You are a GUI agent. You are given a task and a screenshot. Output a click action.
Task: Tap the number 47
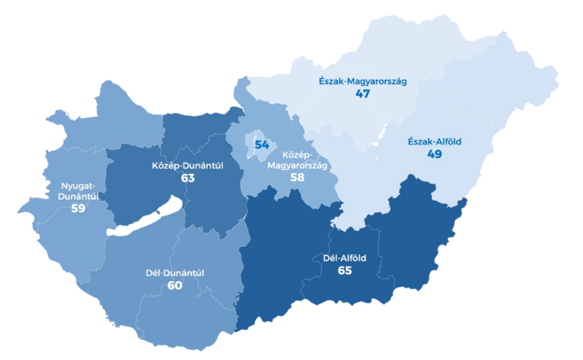pos(363,93)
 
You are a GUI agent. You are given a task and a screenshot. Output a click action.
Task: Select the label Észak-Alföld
pos(434,142)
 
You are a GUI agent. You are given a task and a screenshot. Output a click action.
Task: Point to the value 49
pos(434,154)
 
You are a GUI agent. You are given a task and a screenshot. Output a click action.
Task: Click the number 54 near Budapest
pos(262,144)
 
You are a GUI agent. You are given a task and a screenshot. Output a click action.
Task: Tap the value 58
pos(297,176)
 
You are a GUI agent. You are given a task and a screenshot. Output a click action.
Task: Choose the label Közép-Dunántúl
pos(187,166)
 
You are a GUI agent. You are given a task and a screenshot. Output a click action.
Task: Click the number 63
pos(188,178)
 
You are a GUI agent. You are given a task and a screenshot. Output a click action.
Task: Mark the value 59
pos(78,208)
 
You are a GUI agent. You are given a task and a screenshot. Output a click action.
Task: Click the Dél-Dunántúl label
pos(175,273)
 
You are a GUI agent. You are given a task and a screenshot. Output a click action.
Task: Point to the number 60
pos(175,285)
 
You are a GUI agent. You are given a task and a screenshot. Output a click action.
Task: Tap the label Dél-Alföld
pos(345,257)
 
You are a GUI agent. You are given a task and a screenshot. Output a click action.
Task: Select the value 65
pos(345,271)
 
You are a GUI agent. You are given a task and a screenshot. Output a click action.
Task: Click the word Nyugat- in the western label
pos(78,186)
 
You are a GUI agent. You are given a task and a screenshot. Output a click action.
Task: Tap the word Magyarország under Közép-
pos(297,165)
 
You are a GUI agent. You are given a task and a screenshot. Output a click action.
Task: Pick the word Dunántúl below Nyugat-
pos(78,196)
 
